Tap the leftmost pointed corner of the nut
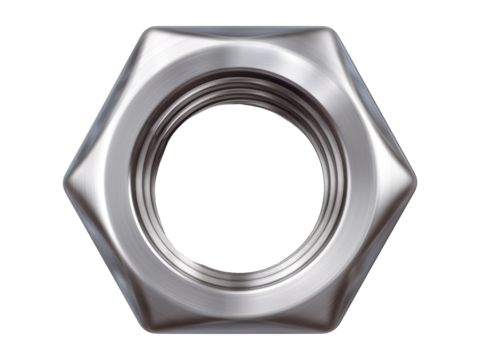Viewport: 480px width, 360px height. [63, 183]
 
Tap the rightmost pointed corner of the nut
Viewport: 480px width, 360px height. [416, 183]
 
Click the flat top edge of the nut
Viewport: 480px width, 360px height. [240, 27]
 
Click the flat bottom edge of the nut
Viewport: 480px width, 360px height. [240, 338]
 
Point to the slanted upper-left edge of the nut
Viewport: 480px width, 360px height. [106, 105]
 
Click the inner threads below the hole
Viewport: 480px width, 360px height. [240, 279]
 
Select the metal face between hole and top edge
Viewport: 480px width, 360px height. [240, 60]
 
